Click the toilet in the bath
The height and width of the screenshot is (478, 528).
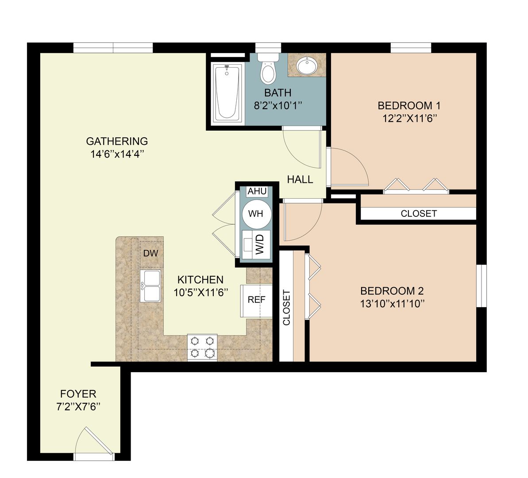267,70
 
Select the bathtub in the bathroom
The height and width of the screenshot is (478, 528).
227,93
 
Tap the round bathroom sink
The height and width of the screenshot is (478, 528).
306,66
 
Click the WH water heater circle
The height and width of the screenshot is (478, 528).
255,213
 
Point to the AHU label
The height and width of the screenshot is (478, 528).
257,192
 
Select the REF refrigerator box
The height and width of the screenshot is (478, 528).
256,300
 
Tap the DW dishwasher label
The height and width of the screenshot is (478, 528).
151,253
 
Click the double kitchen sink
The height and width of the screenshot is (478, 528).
150,286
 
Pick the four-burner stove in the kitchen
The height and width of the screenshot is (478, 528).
202,347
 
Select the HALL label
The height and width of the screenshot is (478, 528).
300,180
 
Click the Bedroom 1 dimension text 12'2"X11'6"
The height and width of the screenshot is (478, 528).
409,118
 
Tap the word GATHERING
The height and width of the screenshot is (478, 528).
117,142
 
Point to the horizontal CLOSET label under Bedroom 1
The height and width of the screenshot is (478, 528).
419,214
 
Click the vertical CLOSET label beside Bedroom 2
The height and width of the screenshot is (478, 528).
286,308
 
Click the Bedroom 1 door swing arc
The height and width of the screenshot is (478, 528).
350,166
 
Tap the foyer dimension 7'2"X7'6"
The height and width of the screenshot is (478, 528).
78,406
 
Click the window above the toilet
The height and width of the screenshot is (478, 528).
268,47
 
